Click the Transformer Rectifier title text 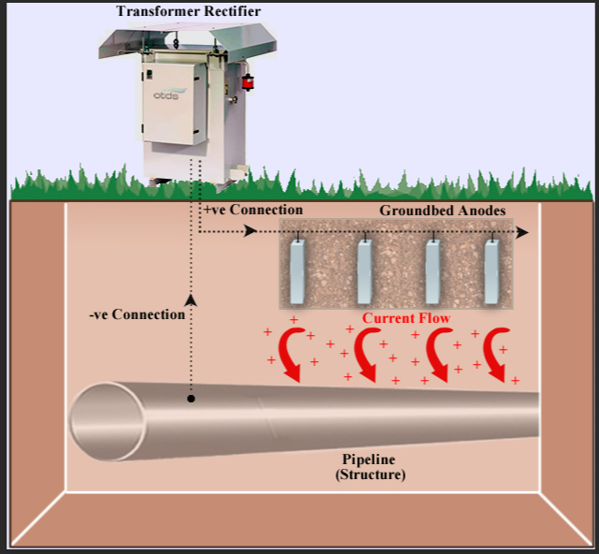pos(189,11)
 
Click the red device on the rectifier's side pos(248,81)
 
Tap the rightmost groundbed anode pos(492,271)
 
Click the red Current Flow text pos(406,319)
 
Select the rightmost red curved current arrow pos(496,357)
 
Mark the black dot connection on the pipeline pos(191,399)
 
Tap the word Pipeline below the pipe pos(369,459)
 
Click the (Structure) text pos(370,475)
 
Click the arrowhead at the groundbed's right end pos(524,231)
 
